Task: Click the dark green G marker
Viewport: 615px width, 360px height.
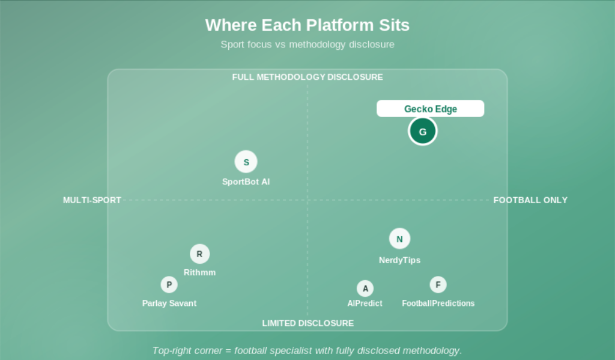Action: click(x=422, y=131)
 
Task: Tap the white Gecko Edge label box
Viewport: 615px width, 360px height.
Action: click(x=430, y=108)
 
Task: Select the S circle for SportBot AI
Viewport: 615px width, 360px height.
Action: click(x=246, y=162)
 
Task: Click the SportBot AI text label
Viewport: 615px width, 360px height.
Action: click(x=246, y=182)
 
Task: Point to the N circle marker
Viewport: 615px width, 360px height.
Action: click(x=399, y=239)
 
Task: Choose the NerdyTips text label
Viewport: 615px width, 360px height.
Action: click(x=399, y=260)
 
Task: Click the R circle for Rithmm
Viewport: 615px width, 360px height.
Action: click(x=199, y=254)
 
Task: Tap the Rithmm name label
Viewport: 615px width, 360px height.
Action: click(x=199, y=272)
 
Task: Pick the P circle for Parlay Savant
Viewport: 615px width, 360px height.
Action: click(x=169, y=285)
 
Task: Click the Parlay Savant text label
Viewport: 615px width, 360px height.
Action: click(x=169, y=303)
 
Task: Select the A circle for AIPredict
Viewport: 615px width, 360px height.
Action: click(x=365, y=288)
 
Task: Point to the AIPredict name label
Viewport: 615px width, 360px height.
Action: click(x=365, y=303)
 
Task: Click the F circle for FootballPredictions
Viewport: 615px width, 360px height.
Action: click(x=438, y=285)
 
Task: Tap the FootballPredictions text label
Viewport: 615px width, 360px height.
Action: click(x=438, y=303)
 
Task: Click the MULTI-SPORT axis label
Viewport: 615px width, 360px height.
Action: click(x=92, y=200)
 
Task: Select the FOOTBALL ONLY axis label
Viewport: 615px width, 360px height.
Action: click(x=530, y=200)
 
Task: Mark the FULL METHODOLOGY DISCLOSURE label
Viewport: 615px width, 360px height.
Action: click(x=307, y=77)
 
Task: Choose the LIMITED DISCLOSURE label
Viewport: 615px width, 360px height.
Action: click(x=308, y=323)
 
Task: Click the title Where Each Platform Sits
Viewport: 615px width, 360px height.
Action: click(x=307, y=25)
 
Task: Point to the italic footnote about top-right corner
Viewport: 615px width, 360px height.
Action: click(x=307, y=350)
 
